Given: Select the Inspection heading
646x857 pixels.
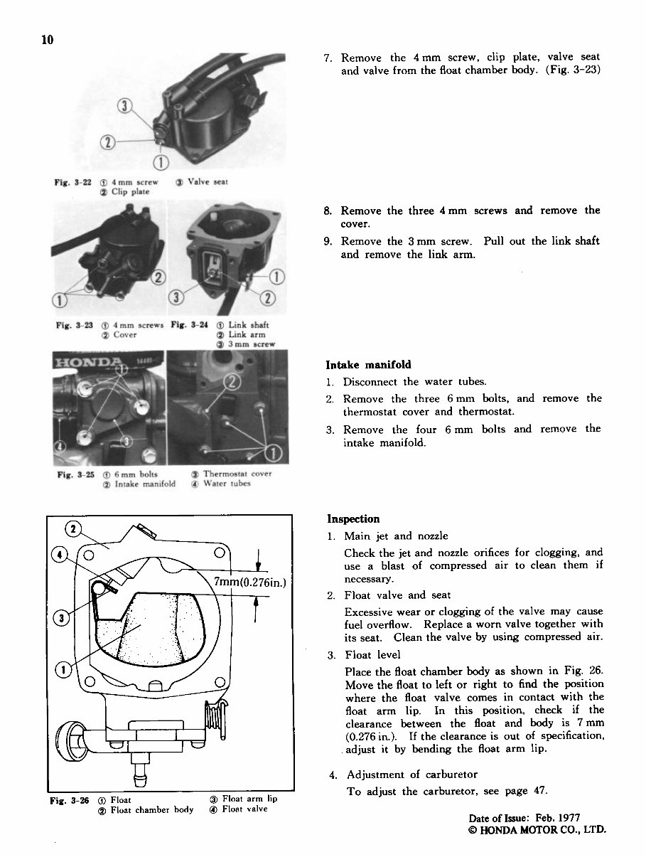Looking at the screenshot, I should (x=353, y=519).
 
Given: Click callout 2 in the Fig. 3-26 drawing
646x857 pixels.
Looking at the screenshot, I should (x=72, y=530).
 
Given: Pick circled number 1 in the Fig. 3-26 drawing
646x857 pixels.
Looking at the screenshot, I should (x=63, y=671).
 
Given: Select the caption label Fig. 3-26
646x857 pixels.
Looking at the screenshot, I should (x=73, y=800).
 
